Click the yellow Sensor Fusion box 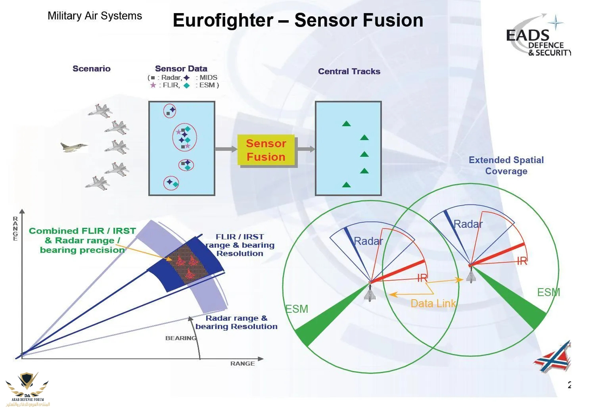coord(266,150)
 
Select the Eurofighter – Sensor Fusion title coord(298,20)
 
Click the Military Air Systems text coord(94,16)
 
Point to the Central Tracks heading coord(349,71)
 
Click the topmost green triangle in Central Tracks coord(346,124)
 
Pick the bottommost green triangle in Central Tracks coord(346,185)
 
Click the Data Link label coord(433,304)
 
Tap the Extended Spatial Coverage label coord(506,166)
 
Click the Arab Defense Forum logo coord(27,389)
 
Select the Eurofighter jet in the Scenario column coord(73,147)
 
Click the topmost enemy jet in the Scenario coord(100,110)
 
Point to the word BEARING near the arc coord(181,338)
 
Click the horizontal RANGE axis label coord(242,364)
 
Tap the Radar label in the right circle coord(468,224)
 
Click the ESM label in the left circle coord(297,309)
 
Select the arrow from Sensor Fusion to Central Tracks coord(306,149)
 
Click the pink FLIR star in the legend coord(153,85)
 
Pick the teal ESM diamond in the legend coord(187,85)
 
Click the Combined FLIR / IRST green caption coord(82,241)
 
